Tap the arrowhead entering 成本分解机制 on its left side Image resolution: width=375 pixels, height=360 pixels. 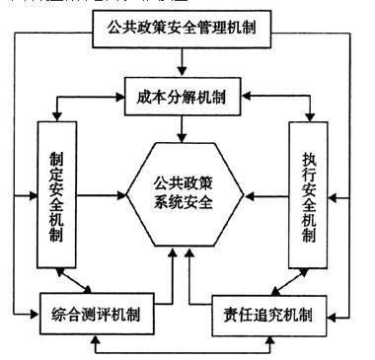pyautogui.click(x=122, y=96)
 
